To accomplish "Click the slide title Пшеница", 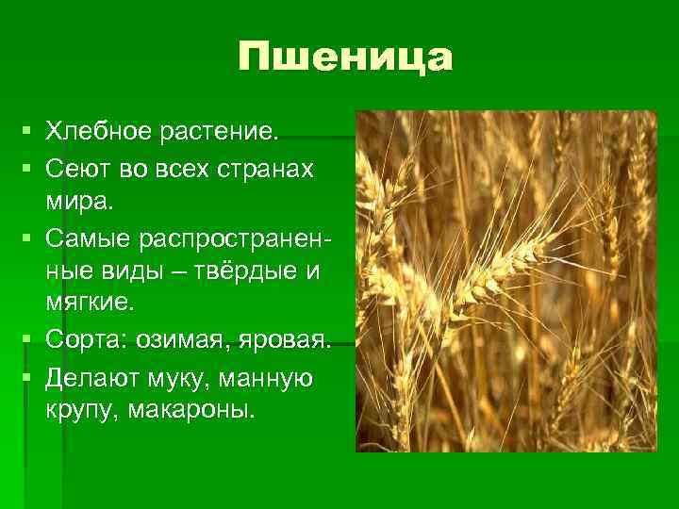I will point(345,58).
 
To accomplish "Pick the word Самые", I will point(92,237).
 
